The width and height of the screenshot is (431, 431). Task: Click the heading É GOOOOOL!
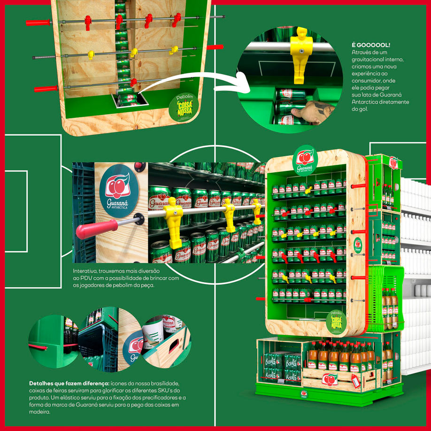(370, 45)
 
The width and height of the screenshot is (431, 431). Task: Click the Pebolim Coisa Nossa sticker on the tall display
(336, 321)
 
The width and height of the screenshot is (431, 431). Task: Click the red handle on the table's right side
(215, 47)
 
